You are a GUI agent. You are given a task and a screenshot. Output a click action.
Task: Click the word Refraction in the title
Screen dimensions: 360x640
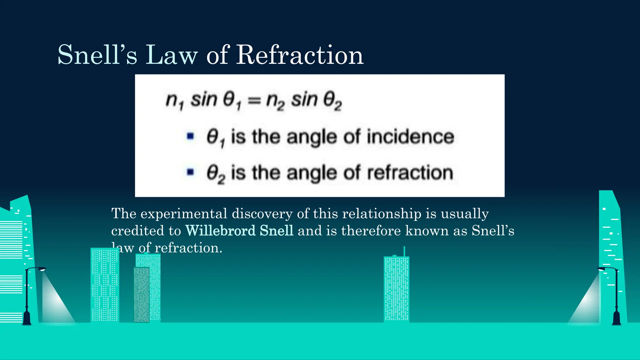click(x=299, y=55)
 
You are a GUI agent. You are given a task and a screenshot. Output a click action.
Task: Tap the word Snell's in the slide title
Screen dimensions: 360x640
click(x=97, y=55)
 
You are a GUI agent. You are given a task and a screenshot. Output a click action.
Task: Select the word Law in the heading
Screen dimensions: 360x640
click(x=172, y=55)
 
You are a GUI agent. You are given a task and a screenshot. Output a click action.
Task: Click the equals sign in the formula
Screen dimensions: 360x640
click(x=254, y=100)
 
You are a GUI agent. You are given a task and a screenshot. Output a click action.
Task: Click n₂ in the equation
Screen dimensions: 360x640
click(x=275, y=101)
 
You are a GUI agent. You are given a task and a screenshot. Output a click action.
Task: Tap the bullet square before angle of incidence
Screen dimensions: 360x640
click(x=190, y=136)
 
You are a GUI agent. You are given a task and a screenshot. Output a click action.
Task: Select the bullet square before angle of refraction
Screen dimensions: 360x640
click(x=190, y=172)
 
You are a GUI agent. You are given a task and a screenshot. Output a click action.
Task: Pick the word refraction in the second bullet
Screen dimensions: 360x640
click(x=410, y=173)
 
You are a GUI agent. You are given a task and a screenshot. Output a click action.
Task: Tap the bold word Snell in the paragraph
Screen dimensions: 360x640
click(x=277, y=231)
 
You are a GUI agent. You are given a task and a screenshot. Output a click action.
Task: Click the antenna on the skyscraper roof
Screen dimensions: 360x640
click(x=404, y=251)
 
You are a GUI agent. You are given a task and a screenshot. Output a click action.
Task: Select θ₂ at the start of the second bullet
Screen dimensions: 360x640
click(x=215, y=173)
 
